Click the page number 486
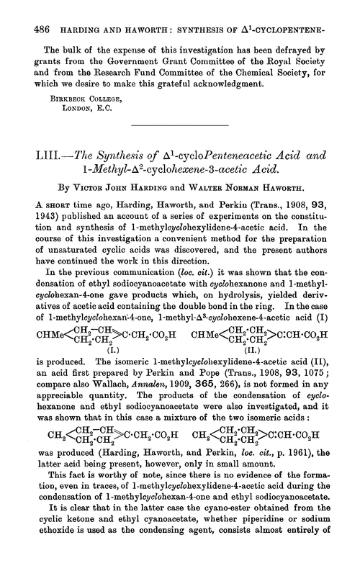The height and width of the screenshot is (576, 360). [x=32, y=12]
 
